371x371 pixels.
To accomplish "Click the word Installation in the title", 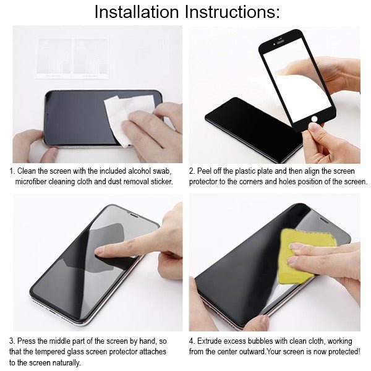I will [x=133, y=12].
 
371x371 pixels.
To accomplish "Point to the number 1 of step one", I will [x=12, y=171].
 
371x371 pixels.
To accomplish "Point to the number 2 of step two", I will [x=192, y=171].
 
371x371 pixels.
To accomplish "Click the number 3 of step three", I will [x=12, y=341].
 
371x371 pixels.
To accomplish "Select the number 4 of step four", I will [x=192, y=341].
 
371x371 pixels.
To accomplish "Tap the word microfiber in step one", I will [x=35, y=182].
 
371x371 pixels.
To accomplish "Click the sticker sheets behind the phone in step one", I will [x=72, y=57].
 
